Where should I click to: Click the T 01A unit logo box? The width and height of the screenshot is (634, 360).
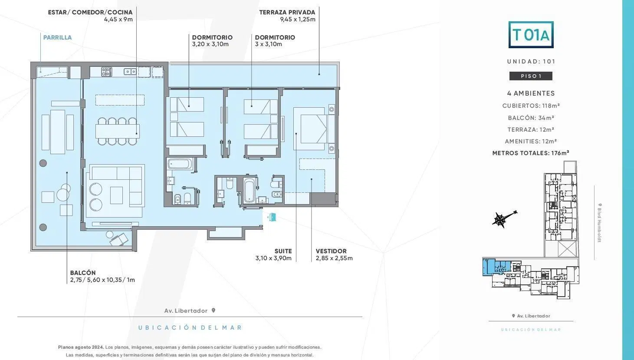(531, 35)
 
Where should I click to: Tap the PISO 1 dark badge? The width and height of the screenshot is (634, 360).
(531, 76)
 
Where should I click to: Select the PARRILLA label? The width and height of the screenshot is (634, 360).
(57, 37)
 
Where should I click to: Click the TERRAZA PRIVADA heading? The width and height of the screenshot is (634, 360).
(287, 12)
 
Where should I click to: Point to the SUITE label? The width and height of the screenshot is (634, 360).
(283, 251)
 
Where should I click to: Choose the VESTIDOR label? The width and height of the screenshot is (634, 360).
(331, 251)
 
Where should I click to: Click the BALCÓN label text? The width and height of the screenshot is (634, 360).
(83, 273)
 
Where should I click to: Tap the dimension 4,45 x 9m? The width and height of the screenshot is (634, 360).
(118, 19)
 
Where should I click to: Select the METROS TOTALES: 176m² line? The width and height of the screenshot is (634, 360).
(531, 153)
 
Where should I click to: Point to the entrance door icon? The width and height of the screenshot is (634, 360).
(272, 217)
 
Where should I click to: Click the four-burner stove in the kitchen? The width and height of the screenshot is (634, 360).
(106, 72)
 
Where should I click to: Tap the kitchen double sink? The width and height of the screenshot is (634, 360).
(130, 72)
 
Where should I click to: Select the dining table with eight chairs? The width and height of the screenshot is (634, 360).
(118, 131)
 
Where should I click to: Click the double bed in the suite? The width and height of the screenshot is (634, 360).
(314, 129)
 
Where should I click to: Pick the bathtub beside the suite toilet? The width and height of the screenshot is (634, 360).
(249, 191)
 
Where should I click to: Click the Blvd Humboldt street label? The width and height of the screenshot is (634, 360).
(599, 223)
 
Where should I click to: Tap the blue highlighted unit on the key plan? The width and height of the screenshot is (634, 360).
(496, 267)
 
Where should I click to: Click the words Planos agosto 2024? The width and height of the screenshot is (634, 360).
(81, 347)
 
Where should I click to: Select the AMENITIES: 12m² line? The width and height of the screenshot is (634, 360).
(531, 141)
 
